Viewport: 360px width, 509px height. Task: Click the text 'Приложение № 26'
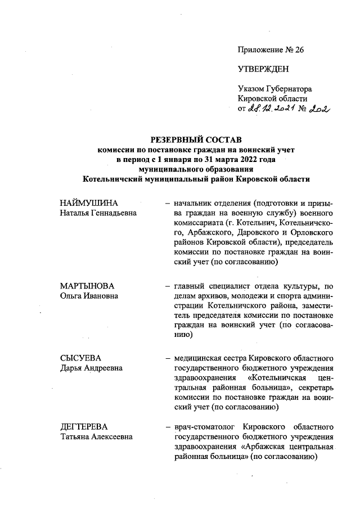pyautogui.click(x=271, y=50)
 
